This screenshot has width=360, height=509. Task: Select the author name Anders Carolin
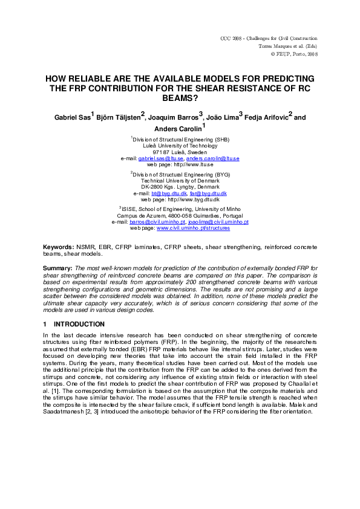tap(176, 127)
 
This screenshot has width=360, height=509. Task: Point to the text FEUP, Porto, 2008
tap(296, 54)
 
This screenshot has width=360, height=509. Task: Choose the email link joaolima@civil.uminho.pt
tap(218, 222)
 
